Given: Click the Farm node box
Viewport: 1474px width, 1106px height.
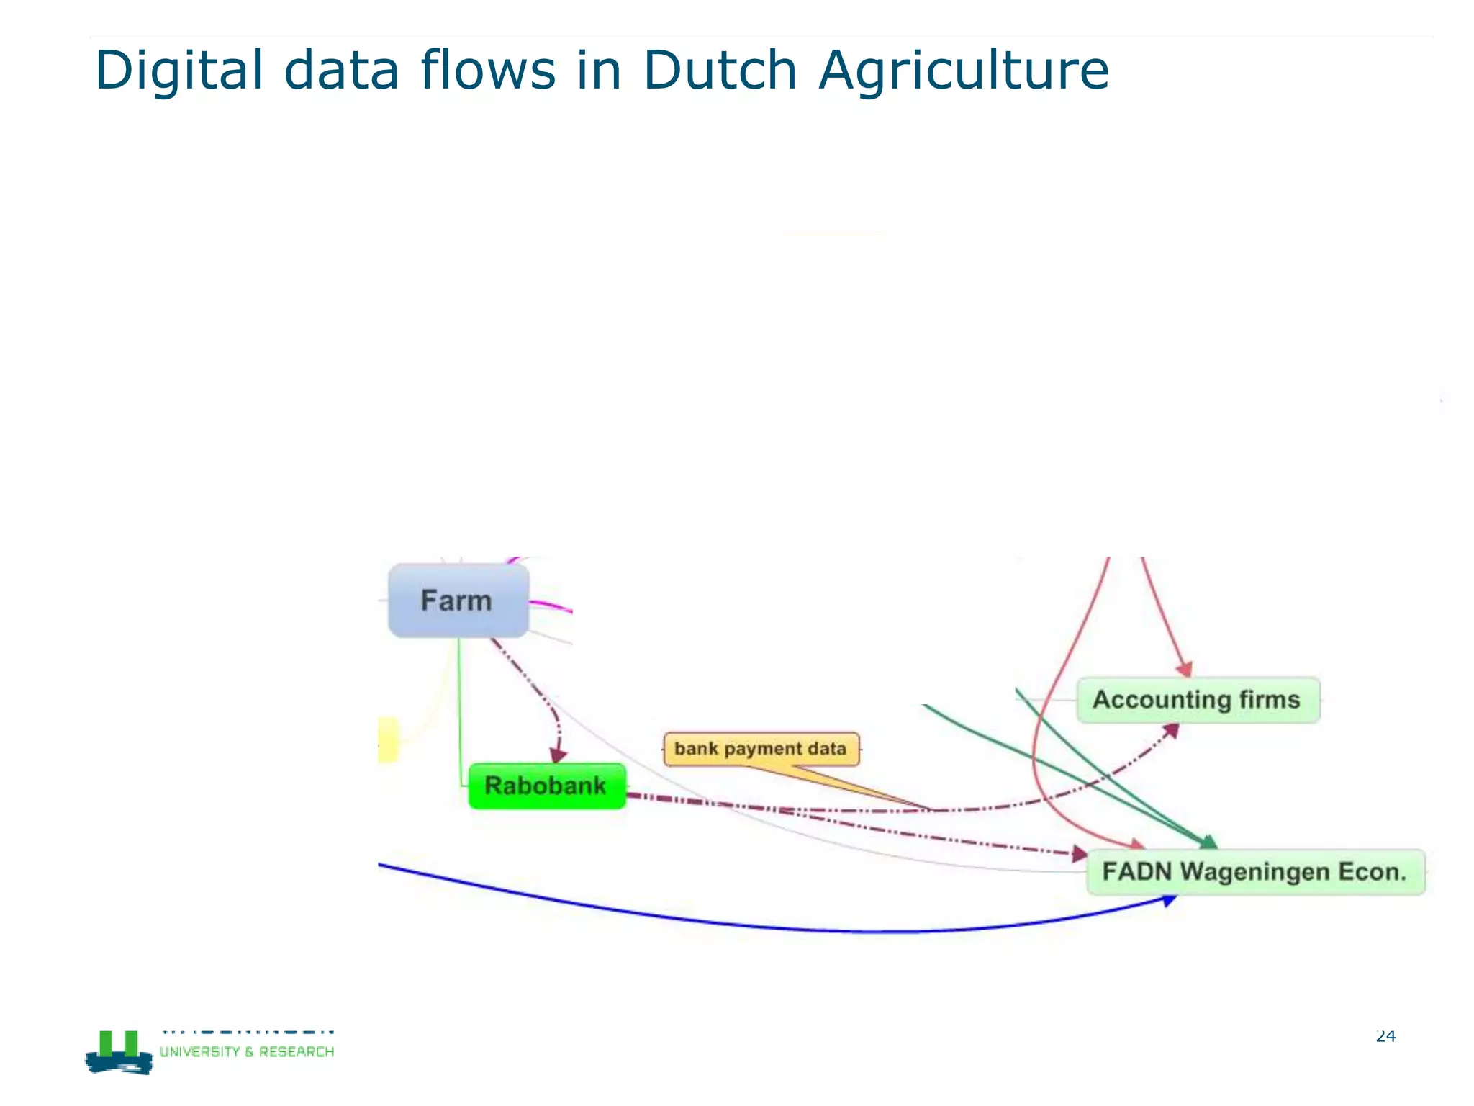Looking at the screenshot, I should click(x=458, y=601).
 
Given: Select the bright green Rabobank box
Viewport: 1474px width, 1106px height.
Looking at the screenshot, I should click(x=546, y=786).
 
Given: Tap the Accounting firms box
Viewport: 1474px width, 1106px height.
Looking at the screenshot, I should click(x=1198, y=700).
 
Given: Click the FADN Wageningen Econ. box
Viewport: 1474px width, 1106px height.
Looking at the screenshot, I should click(x=1254, y=872).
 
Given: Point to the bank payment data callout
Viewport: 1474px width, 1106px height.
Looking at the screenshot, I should click(x=761, y=749).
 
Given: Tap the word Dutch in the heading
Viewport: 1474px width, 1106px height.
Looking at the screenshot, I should click(x=719, y=71).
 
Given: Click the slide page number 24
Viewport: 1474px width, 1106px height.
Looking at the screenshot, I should click(x=1385, y=1036).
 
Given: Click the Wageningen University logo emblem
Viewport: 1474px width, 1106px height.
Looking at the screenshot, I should click(x=119, y=1053).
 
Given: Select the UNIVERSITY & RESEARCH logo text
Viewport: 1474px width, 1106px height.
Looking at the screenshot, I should click(x=247, y=1052).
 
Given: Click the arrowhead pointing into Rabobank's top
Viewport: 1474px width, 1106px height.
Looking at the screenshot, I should click(x=559, y=755).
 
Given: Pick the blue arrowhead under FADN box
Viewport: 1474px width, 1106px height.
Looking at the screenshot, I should click(x=1170, y=900).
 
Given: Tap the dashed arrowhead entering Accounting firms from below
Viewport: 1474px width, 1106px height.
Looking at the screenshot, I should click(x=1172, y=731).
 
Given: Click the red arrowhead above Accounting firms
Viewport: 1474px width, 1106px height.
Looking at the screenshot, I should click(x=1185, y=670).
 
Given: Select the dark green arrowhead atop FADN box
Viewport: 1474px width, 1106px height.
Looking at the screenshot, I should click(x=1209, y=842).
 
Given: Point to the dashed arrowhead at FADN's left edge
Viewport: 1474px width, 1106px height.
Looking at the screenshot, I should click(x=1079, y=854).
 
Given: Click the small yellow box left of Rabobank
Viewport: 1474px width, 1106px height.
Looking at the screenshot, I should click(x=387, y=739).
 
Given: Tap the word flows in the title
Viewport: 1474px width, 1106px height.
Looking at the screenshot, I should click(x=487, y=71).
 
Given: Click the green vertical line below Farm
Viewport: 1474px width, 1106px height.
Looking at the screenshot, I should click(x=459, y=706).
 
